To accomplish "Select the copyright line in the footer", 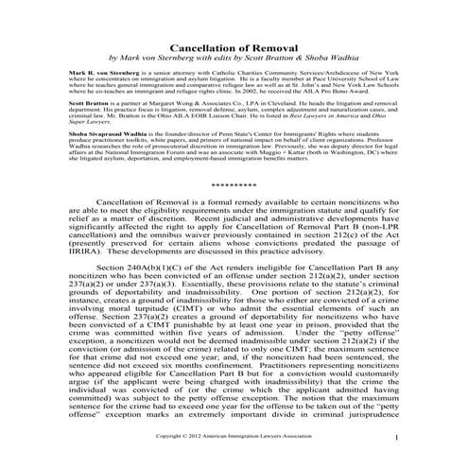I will pyautogui.click(x=233, y=437).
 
